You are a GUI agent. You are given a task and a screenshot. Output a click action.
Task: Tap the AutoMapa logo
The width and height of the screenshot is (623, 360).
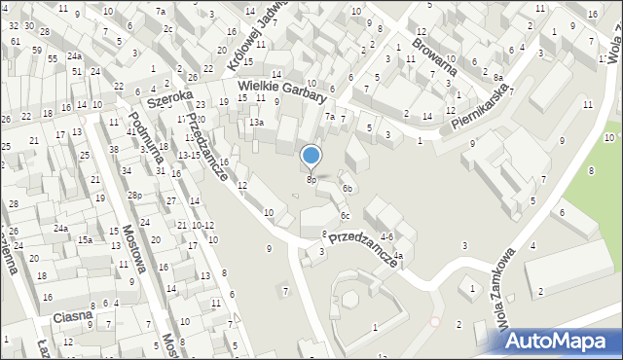click(561, 340)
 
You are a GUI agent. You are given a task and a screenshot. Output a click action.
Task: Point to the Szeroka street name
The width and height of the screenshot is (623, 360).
click(165, 98)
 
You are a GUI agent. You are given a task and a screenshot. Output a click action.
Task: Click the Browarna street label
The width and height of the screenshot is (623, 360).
click(434, 55)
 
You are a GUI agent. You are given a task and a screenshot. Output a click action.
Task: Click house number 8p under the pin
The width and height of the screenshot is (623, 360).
click(311, 179)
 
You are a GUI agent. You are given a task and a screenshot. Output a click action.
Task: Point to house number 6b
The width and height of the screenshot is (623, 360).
click(348, 188)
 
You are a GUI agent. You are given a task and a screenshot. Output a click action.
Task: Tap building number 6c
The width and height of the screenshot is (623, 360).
click(345, 215)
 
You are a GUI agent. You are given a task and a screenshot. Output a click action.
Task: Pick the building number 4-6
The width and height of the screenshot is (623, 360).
click(386, 236)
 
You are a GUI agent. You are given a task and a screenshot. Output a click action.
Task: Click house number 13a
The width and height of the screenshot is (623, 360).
click(255, 123)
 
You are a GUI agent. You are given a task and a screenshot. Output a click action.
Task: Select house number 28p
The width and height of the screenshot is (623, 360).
click(134, 196)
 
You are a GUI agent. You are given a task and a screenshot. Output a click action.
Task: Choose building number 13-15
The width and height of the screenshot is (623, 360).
click(189, 156)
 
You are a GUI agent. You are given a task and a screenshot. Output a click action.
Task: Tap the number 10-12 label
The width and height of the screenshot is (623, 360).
click(202, 226)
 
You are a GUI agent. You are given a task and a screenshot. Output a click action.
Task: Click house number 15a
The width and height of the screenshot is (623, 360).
click(86, 239)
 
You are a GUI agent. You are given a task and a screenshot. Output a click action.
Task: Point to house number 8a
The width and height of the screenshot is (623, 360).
click(497, 77)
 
